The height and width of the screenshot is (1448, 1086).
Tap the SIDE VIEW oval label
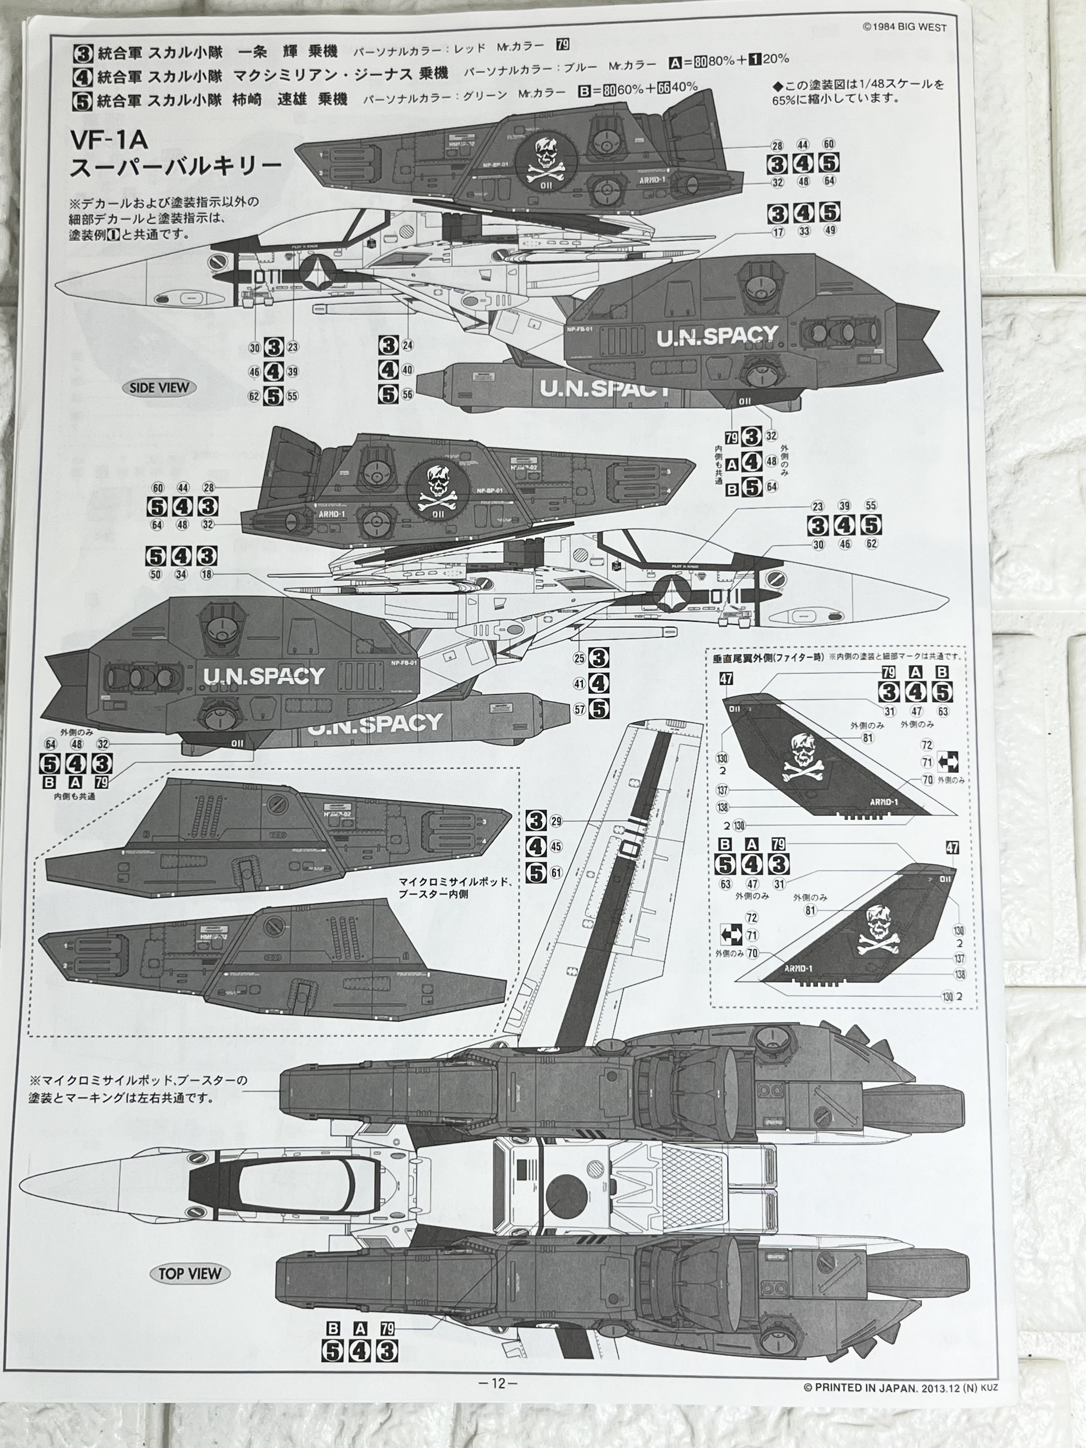[159, 387]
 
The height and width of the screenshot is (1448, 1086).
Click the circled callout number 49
[830, 231]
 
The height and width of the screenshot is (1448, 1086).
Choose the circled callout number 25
[579, 658]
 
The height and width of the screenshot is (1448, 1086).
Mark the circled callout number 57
[579, 709]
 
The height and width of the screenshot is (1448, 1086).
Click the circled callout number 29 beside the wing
[556, 821]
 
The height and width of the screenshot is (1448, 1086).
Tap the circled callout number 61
[556, 873]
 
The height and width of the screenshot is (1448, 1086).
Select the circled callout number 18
[207, 574]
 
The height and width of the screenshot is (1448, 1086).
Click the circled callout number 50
[155, 574]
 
